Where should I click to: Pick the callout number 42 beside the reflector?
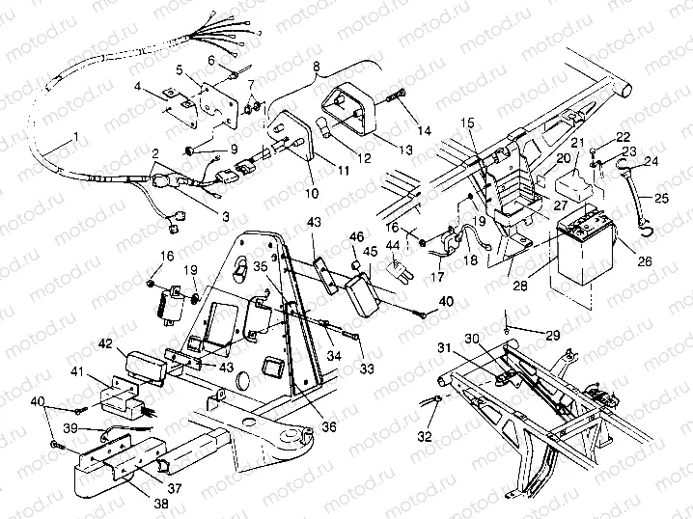click(105, 342)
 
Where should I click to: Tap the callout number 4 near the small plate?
click(139, 87)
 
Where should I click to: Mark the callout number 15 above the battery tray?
click(467, 123)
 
